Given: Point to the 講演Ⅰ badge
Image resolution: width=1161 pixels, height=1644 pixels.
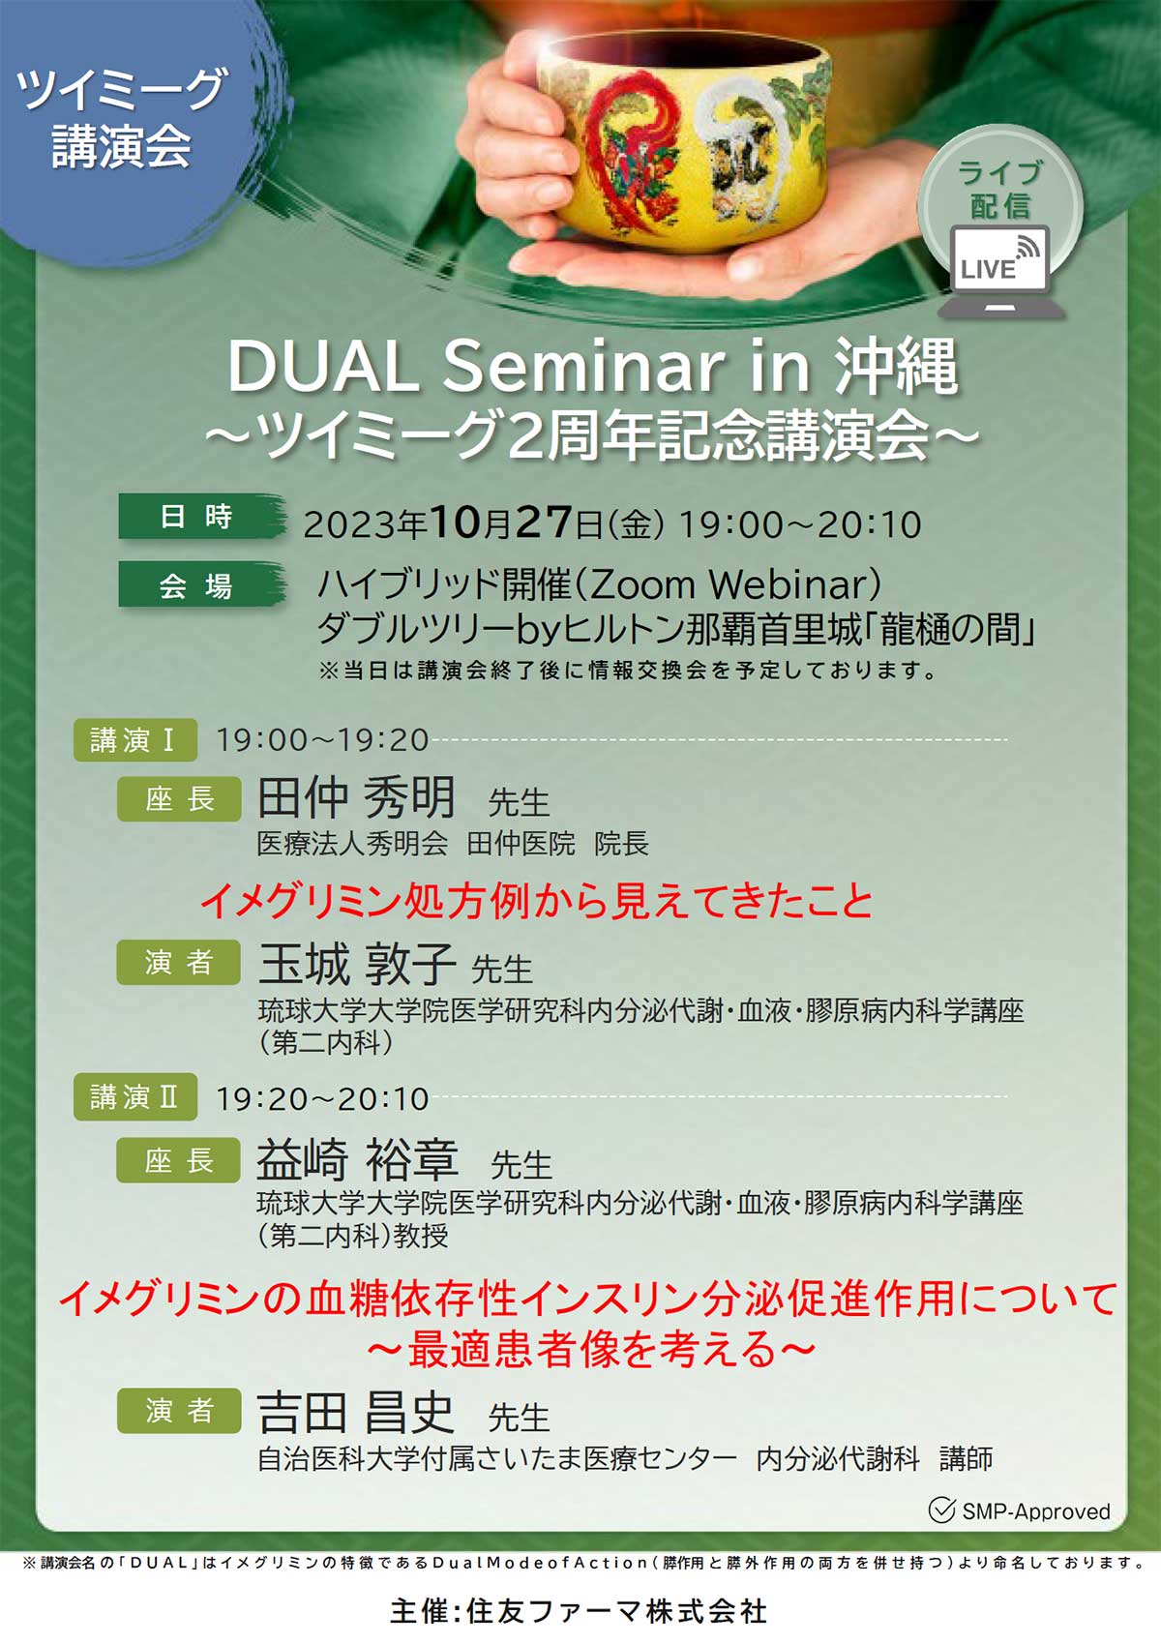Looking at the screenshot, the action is (x=135, y=740).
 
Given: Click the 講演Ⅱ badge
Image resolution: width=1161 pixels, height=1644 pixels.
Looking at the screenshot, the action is (x=135, y=1097).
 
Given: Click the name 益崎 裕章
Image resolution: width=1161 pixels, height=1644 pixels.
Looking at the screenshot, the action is (x=357, y=1159).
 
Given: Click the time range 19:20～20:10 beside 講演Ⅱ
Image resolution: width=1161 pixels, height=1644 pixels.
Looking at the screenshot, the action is (x=322, y=1098).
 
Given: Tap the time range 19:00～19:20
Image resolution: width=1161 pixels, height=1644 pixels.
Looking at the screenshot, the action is (x=322, y=740).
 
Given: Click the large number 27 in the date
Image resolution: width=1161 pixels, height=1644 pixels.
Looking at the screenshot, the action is (x=545, y=522).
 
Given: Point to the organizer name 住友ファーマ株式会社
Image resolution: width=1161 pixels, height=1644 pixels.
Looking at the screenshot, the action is (x=616, y=1611).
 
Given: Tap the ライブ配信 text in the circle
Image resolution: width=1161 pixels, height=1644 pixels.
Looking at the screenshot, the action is (x=999, y=190).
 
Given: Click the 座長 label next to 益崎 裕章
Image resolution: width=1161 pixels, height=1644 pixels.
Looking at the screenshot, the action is (x=178, y=1160).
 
